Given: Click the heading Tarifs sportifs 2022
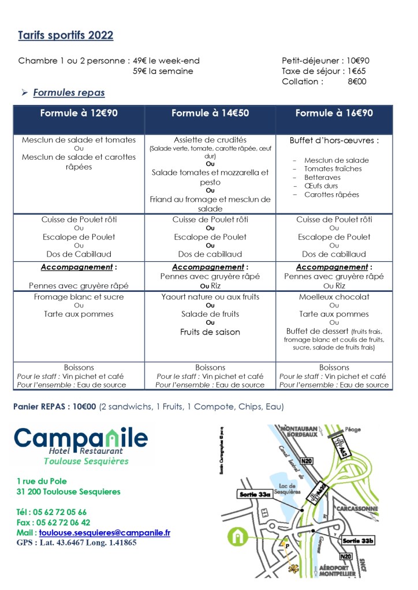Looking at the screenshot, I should click(x=65, y=36).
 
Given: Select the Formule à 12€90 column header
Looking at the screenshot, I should click(x=79, y=114).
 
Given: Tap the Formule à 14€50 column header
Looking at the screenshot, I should click(x=210, y=114).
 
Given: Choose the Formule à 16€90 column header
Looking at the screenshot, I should click(x=334, y=114).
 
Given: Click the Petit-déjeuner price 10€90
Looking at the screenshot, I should click(x=358, y=61).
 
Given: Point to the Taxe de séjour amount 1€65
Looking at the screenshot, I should click(x=357, y=71).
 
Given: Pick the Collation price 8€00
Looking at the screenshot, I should click(x=357, y=81).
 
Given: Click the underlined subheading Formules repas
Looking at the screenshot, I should click(x=69, y=92).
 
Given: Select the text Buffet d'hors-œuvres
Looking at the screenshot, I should click(x=334, y=140).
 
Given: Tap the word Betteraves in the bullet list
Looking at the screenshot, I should click(x=322, y=178).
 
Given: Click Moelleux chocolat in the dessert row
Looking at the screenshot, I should click(x=334, y=297).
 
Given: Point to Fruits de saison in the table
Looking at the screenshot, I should click(x=210, y=332).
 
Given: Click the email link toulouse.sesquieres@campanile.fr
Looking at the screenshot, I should click(x=104, y=533).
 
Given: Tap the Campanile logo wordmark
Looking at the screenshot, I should click(x=81, y=438).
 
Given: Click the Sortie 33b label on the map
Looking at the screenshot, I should click(x=358, y=541).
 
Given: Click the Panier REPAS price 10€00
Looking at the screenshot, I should click(x=84, y=407).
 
